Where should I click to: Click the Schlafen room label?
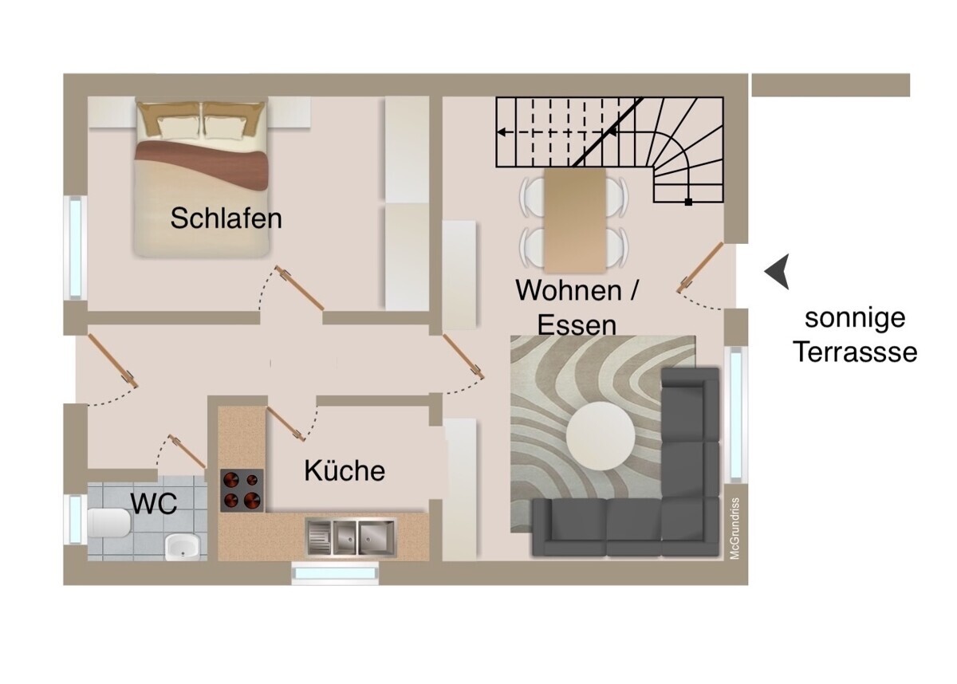click(x=226, y=218)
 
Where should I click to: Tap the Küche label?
click(x=345, y=470)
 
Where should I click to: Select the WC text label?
click(x=154, y=503)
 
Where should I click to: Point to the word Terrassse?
click(x=855, y=352)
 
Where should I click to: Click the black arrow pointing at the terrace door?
click(x=778, y=272)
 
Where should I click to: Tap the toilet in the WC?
click(x=109, y=524)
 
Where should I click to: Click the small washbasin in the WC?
click(x=183, y=546)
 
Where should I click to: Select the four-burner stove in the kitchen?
click(x=242, y=490)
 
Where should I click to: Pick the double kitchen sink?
click(x=350, y=536)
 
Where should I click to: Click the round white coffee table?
click(x=601, y=435)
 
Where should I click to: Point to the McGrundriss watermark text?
click(x=735, y=528)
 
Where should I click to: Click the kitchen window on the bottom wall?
click(x=335, y=573)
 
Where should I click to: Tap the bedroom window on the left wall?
click(x=75, y=246)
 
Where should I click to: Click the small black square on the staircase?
click(x=688, y=202)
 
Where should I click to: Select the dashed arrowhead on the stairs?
click(x=503, y=132)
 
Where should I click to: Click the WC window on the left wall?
click(x=75, y=519)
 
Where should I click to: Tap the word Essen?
click(x=577, y=324)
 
